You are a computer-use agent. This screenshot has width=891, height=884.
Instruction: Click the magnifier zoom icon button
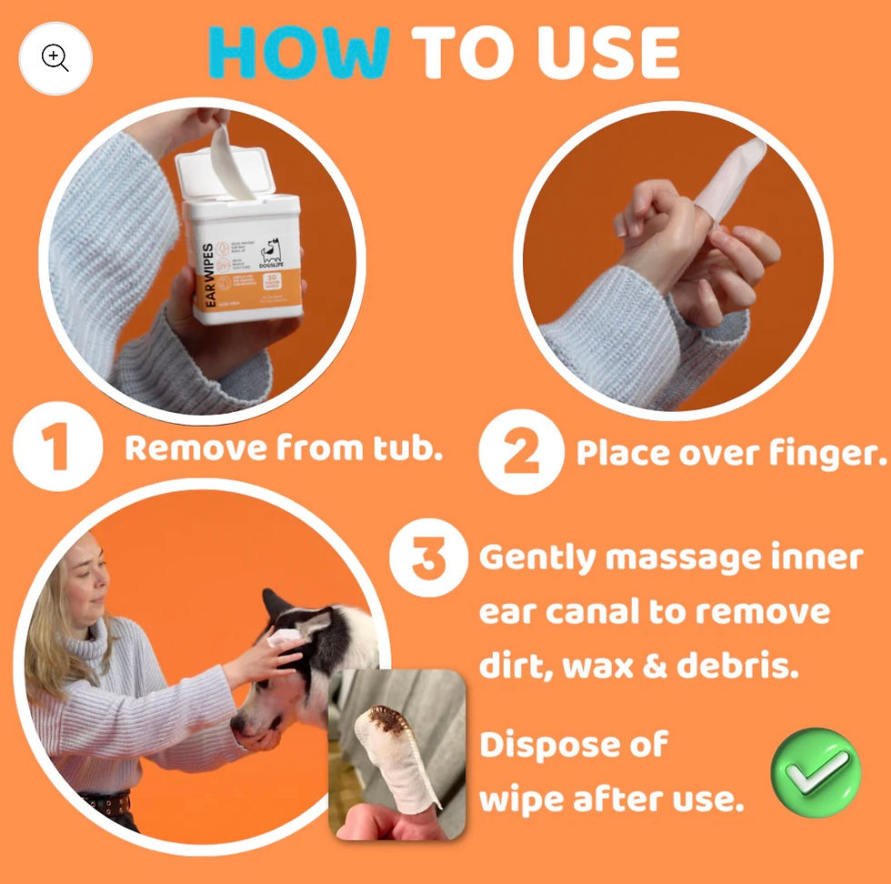55,58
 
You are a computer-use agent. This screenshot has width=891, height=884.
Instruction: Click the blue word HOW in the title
299,53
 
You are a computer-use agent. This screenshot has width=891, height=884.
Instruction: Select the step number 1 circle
57,449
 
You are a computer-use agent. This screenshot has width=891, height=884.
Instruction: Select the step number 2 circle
521,452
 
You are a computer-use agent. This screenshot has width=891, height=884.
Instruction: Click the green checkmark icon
815,772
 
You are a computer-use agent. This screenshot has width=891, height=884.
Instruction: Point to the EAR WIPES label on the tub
208,274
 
